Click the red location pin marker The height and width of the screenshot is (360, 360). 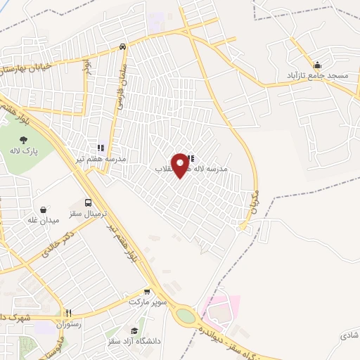click(181, 165)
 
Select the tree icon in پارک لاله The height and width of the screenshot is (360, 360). click(25, 141)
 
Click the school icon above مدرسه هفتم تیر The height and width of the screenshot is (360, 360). click(101, 148)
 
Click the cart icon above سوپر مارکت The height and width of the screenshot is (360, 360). click(147, 292)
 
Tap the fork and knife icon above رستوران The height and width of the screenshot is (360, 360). click(69, 314)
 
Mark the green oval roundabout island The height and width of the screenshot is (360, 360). click(186, 316)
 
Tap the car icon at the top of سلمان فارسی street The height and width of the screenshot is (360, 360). click(123, 47)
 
